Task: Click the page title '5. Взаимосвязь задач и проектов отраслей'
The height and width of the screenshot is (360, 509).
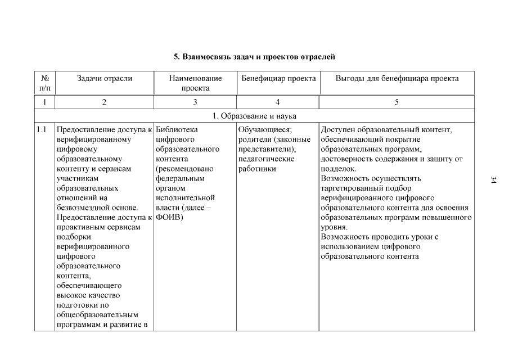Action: click(254, 57)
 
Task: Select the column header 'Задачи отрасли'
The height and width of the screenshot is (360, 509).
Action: click(105, 78)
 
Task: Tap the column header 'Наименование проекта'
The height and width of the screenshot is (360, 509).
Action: click(195, 83)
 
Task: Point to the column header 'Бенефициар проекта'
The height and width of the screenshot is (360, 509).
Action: click(278, 78)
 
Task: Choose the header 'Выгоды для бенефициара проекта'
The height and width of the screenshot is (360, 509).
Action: click(397, 78)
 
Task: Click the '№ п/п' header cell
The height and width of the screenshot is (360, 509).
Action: click(45, 83)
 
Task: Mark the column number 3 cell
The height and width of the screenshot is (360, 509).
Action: click(195, 102)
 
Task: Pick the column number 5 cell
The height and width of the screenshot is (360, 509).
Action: click(397, 102)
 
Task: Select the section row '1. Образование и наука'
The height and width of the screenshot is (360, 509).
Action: click(254, 116)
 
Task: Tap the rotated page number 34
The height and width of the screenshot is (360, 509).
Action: click(493, 180)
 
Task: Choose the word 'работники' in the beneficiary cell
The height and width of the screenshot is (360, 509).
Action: click(257, 169)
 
